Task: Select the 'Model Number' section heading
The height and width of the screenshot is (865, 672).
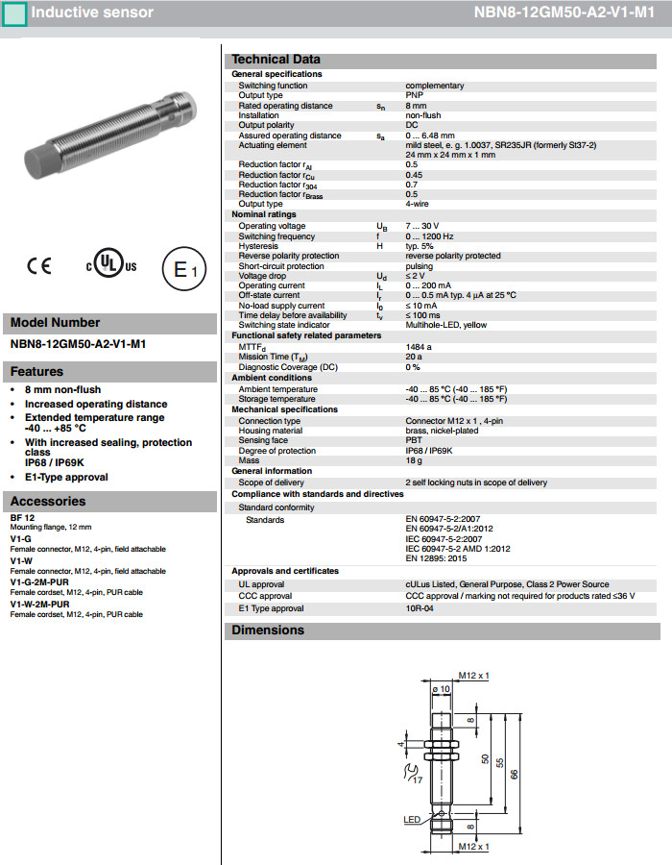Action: pyautogui.click(x=55, y=323)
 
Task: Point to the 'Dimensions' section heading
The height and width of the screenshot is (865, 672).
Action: pyautogui.click(x=268, y=630)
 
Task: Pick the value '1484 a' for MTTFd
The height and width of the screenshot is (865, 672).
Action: pyautogui.click(x=419, y=346)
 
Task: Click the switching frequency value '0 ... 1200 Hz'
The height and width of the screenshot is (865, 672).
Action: pyautogui.click(x=429, y=236)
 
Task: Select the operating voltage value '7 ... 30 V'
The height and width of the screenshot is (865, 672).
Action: pyautogui.click(x=424, y=226)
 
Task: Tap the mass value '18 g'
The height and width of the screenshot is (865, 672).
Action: pyautogui.click(x=414, y=461)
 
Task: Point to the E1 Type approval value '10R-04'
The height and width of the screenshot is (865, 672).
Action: pyautogui.click(x=420, y=608)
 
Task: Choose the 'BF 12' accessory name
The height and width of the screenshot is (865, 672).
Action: pyautogui.click(x=22, y=518)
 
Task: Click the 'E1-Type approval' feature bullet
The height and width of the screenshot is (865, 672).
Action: pyautogui.click(x=66, y=477)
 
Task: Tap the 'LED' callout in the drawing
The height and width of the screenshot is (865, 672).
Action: pyautogui.click(x=412, y=819)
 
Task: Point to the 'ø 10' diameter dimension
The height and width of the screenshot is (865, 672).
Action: pyautogui.click(x=442, y=688)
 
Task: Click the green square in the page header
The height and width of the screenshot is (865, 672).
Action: pyautogui.click(x=15, y=13)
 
